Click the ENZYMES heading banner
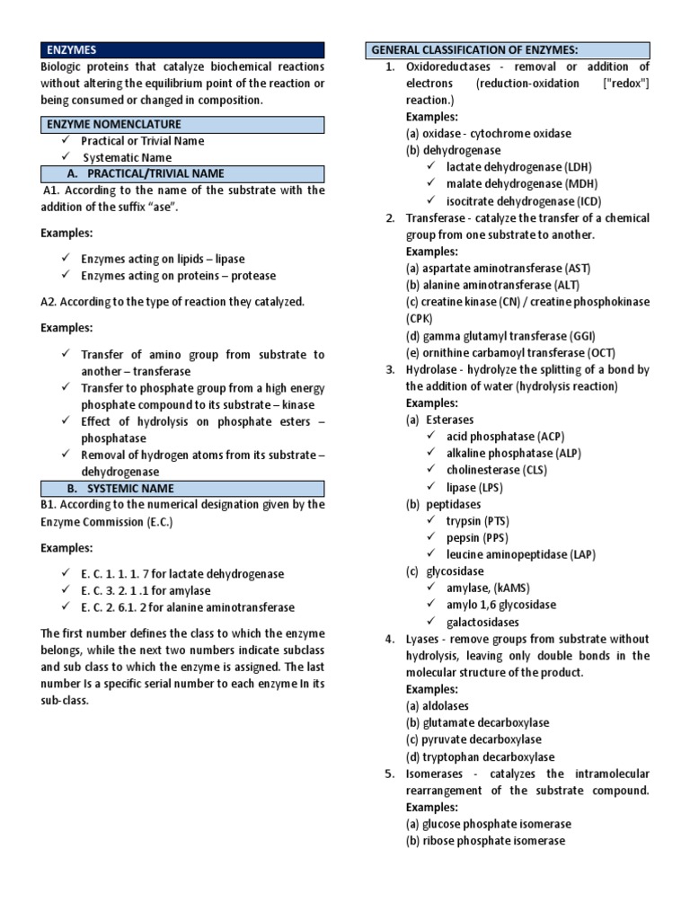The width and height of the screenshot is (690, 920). tap(184, 50)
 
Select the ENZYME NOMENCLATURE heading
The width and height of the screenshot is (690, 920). tap(184, 124)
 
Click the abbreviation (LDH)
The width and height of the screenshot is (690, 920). tap(579, 167)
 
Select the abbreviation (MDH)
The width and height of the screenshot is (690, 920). tap(584, 184)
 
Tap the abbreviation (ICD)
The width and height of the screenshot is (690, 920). tap(585, 201)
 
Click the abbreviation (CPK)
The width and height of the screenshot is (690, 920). tap(420, 319)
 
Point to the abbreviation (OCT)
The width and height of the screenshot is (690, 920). tap(601, 353)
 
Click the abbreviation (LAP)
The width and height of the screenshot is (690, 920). tap(580, 554)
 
